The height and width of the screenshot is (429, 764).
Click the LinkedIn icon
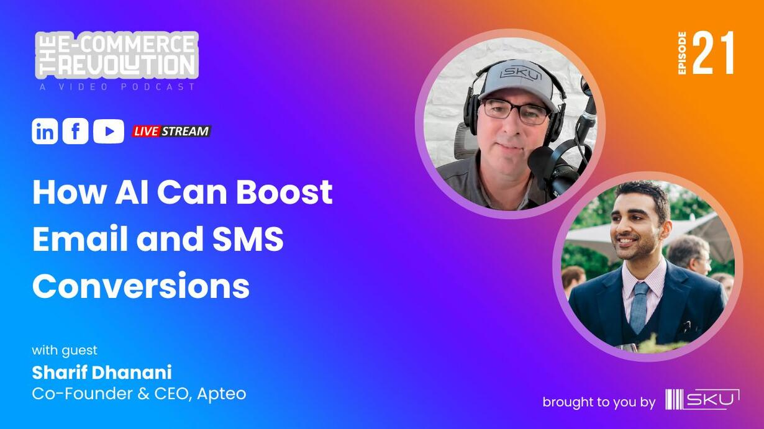tap(45, 131)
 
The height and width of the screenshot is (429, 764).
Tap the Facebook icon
tap(75, 131)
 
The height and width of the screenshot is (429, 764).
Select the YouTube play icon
tap(109, 131)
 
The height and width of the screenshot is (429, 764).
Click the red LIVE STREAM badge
tap(171, 131)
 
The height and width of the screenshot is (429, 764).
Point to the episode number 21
tap(713, 53)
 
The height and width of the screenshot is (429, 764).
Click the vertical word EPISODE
tap(682, 53)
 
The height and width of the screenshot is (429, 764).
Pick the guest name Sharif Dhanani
tap(102, 373)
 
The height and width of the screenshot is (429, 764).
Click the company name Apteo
tap(222, 394)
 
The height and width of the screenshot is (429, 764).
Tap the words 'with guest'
tap(65, 350)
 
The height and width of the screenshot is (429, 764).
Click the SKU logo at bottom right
tap(703, 399)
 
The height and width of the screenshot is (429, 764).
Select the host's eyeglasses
tap(516, 112)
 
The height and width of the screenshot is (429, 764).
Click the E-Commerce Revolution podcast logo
tap(117, 55)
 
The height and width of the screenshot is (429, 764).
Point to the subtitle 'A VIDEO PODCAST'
tap(117, 87)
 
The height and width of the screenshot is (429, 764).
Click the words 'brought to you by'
tap(599, 402)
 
